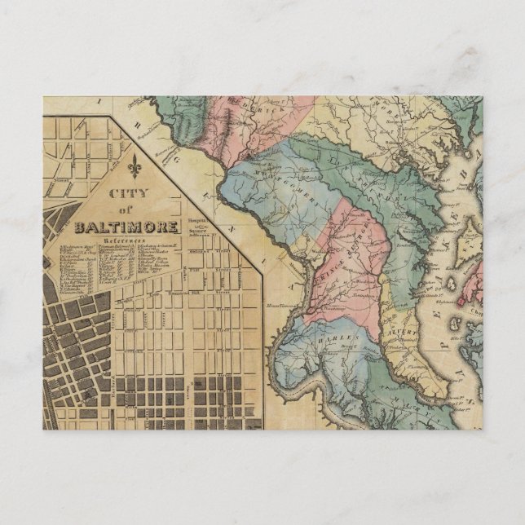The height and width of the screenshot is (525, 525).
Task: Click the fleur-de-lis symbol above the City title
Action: click(x=135, y=168)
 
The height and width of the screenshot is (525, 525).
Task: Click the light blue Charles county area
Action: click(x=326, y=359)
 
